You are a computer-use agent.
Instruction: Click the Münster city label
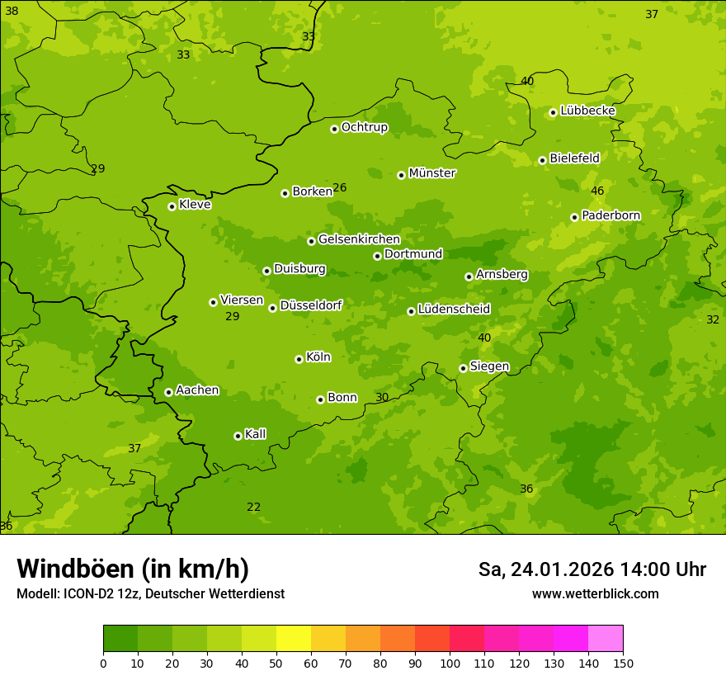(432, 173)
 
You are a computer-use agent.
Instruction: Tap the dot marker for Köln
(299, 359)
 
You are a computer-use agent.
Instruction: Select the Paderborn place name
(610, 215)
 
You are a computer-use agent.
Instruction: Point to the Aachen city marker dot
(168, 392)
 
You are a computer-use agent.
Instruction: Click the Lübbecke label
(587, 111)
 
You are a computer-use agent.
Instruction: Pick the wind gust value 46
(597, 191)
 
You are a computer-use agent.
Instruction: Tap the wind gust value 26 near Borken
(339, 187)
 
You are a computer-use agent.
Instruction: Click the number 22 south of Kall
(253, 507)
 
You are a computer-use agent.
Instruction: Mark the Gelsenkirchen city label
(359, 239)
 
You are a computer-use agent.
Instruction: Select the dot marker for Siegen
(463, 368)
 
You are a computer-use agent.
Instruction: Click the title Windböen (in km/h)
(133, 569)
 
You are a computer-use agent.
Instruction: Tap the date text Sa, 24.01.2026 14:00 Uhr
(592, 569)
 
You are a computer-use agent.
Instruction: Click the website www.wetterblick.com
(595, 593)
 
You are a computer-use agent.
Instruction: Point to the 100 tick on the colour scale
(450, 663)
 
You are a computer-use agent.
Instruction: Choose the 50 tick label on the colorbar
(276, 663)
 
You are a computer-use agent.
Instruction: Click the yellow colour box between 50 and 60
(294, 639)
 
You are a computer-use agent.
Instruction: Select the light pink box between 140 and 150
(606, 639)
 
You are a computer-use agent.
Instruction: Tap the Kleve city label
(195, 204)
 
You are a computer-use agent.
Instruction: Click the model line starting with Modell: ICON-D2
(150, 593)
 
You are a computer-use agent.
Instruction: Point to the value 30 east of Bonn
(382, 397)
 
